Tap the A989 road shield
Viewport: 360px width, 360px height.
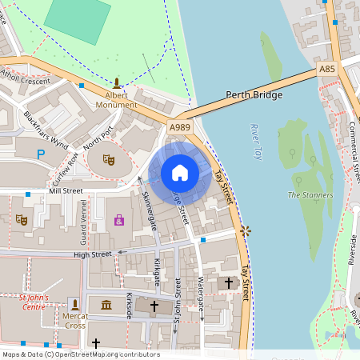(179, 127)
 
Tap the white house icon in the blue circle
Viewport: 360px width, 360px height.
(180, 173)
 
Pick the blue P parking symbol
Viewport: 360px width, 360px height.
(39, 154)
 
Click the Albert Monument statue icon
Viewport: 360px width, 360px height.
(118, 82)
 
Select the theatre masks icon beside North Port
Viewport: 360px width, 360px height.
(108, 160)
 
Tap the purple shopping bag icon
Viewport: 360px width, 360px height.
(119, 219)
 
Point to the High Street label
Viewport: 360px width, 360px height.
(91, 254)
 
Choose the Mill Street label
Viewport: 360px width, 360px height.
(66, 191)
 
